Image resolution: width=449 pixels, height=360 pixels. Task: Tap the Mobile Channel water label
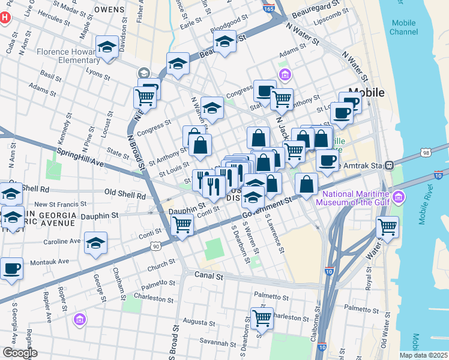click(x=403, y=28)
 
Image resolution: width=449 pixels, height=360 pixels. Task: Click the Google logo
click(x=20, y=353)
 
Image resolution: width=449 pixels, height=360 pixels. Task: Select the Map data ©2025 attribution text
click(x=423, y=355)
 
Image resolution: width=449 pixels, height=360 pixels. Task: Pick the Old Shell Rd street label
click(x=125, y=195)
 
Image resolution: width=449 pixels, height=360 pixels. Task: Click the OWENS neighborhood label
click(x=109, y=10)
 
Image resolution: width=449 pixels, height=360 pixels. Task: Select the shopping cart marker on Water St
click(x=387, y=227)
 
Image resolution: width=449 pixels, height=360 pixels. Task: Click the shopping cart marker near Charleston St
click(x=262, y=317)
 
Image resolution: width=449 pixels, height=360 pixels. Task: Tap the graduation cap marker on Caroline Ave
click(x=95, y=242)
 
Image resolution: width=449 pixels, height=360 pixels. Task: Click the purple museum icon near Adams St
click(x=285, y=74)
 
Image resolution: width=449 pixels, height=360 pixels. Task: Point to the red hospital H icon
click(x=5, y=18)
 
